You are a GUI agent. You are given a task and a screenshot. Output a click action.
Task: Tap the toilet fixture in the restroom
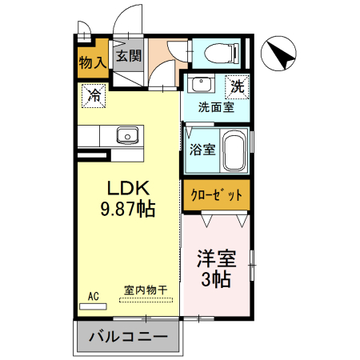point(218,54)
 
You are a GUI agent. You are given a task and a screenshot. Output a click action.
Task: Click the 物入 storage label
point(92,62)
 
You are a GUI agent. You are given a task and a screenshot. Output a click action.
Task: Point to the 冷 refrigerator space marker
point(94,96)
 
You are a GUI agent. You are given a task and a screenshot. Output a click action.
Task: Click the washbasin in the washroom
point(200,86)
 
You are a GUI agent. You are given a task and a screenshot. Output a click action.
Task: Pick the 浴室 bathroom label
point(202,149)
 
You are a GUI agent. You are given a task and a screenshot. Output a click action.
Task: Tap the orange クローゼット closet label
point(216,195)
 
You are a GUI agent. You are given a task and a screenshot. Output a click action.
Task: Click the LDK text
point(129,188)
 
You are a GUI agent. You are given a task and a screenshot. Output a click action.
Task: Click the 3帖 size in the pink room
point(216,281)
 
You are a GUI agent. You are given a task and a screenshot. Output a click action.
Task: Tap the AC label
point(93,297)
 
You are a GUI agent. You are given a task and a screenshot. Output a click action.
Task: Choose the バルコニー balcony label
point(128,337)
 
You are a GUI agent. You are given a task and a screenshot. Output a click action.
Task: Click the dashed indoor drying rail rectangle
point(146,301)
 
